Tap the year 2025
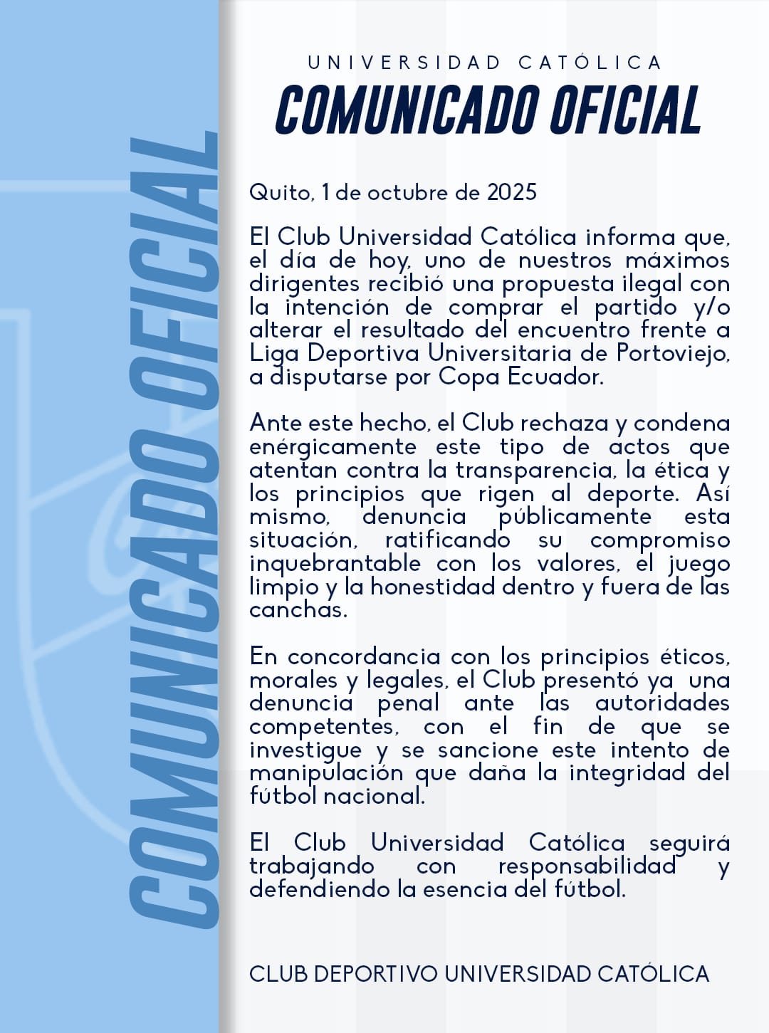click(511, 193)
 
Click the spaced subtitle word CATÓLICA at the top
click(590, 63)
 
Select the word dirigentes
click(305, 284)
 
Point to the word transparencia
click(536, 471)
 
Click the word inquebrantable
click(335, 564)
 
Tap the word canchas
click(298, 610)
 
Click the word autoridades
click(662, 703)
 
